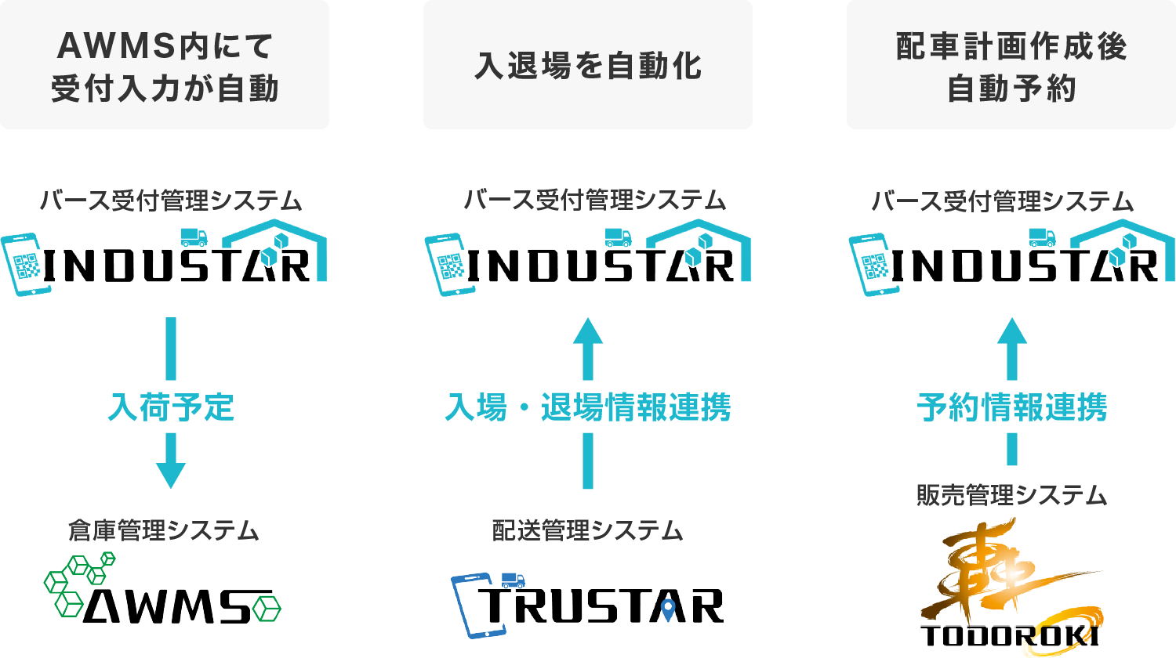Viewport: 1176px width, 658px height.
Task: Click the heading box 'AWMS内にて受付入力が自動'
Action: click(165, 67)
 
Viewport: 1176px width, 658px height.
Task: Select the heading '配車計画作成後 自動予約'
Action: click(1011, 67)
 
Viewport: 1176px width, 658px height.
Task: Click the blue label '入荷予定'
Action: click(171, 408)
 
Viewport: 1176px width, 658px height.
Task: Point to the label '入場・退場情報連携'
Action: click(588, 408)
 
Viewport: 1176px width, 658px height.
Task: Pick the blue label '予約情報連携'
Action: click(1011, 408)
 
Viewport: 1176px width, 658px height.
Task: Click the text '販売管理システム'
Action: click(1011, 495)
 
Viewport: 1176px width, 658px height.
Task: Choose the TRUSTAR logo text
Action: click(604, 605)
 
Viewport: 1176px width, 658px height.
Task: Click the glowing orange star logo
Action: click(1007, 576)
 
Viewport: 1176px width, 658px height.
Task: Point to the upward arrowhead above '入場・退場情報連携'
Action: click(588, 331)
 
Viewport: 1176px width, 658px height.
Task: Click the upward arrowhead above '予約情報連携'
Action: click(1011, 331)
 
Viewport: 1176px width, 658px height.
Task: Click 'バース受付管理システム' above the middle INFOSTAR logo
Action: click(594, 201)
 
